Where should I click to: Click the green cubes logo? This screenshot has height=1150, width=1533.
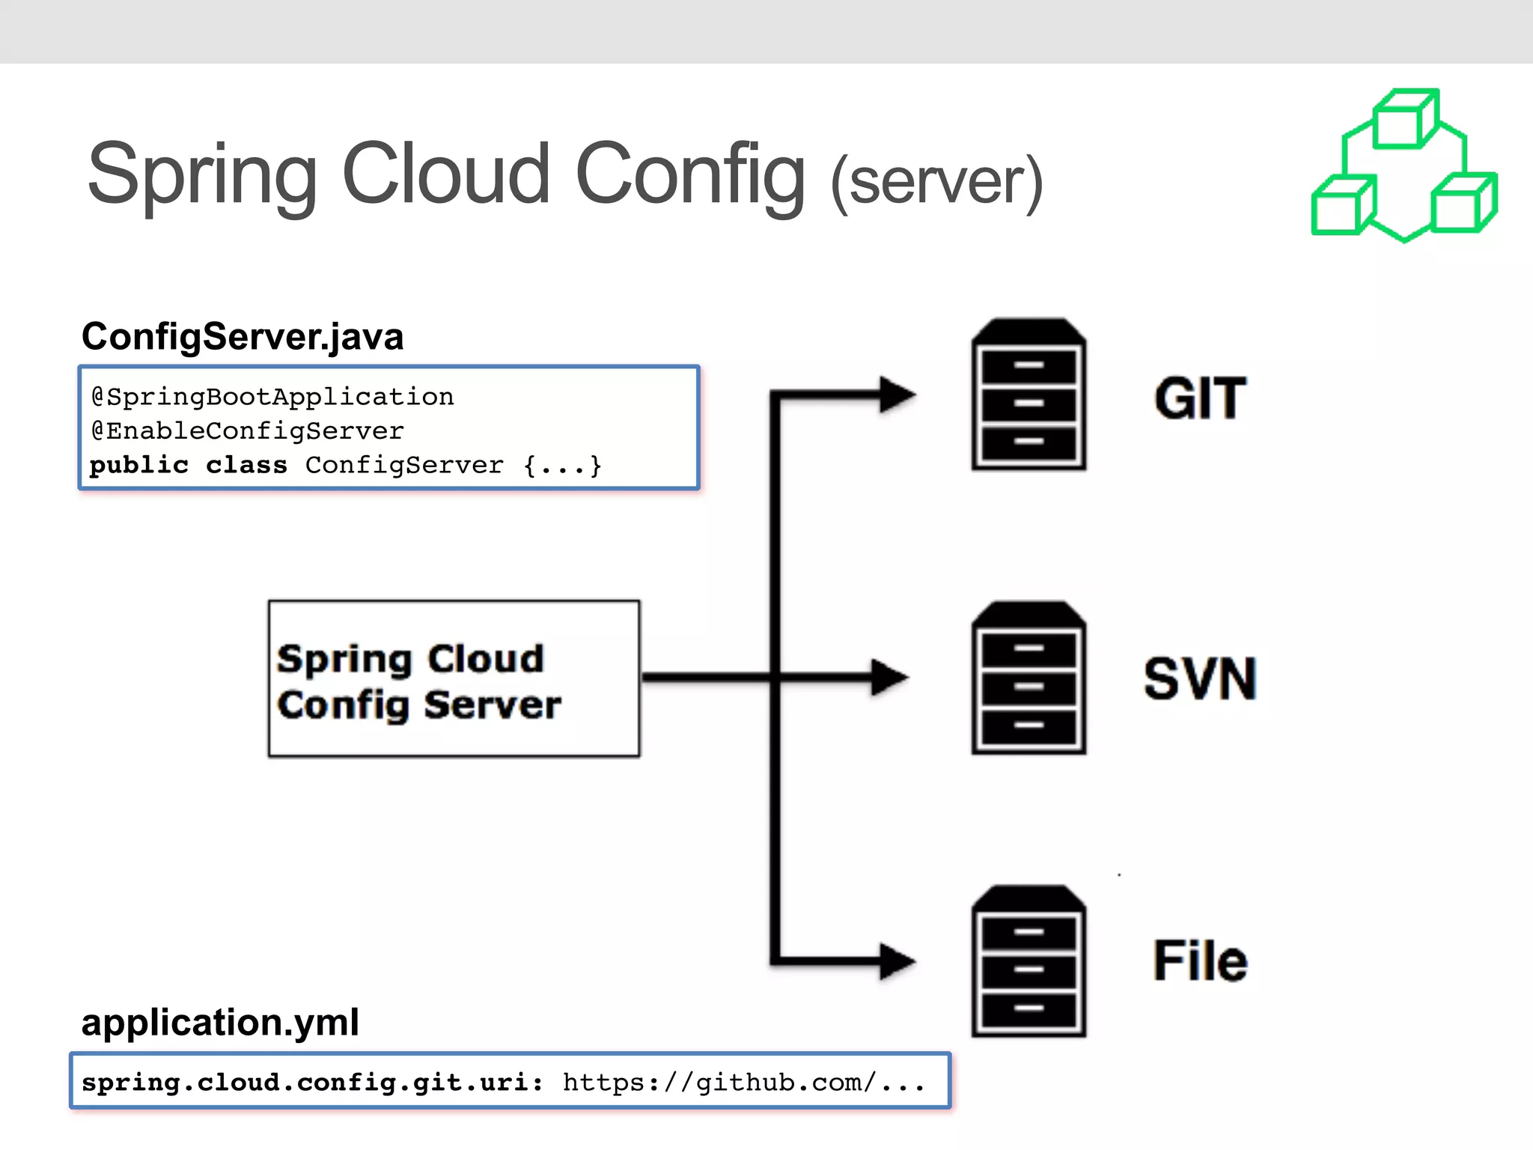coord(1404,166)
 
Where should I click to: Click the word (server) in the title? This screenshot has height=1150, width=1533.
coord(936,181)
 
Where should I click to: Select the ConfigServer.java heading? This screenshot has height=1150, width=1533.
coord(243,336)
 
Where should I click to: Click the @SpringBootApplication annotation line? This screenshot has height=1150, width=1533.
coord(272,396)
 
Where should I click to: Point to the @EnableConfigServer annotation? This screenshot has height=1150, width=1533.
coord(247,431)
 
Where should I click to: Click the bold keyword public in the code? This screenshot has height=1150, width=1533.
coord(138,465)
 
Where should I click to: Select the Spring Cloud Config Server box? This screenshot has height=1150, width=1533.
coord(454,679)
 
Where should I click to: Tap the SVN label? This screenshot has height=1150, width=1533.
coord(1200,679)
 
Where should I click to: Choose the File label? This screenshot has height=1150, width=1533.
coord(1200,961)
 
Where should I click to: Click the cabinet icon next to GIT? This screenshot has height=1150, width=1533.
coord(1028,395)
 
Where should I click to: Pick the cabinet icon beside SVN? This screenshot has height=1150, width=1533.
coord(1028,678)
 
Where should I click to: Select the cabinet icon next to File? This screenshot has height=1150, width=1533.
coord(1028,961)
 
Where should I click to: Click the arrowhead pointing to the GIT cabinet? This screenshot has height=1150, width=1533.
coord(896,395)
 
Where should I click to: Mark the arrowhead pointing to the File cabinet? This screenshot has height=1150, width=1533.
coord(896,961)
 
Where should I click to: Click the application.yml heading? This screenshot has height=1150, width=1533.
coord(220,1022)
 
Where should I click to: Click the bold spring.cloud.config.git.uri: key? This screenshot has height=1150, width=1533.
coord(312,1082)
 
